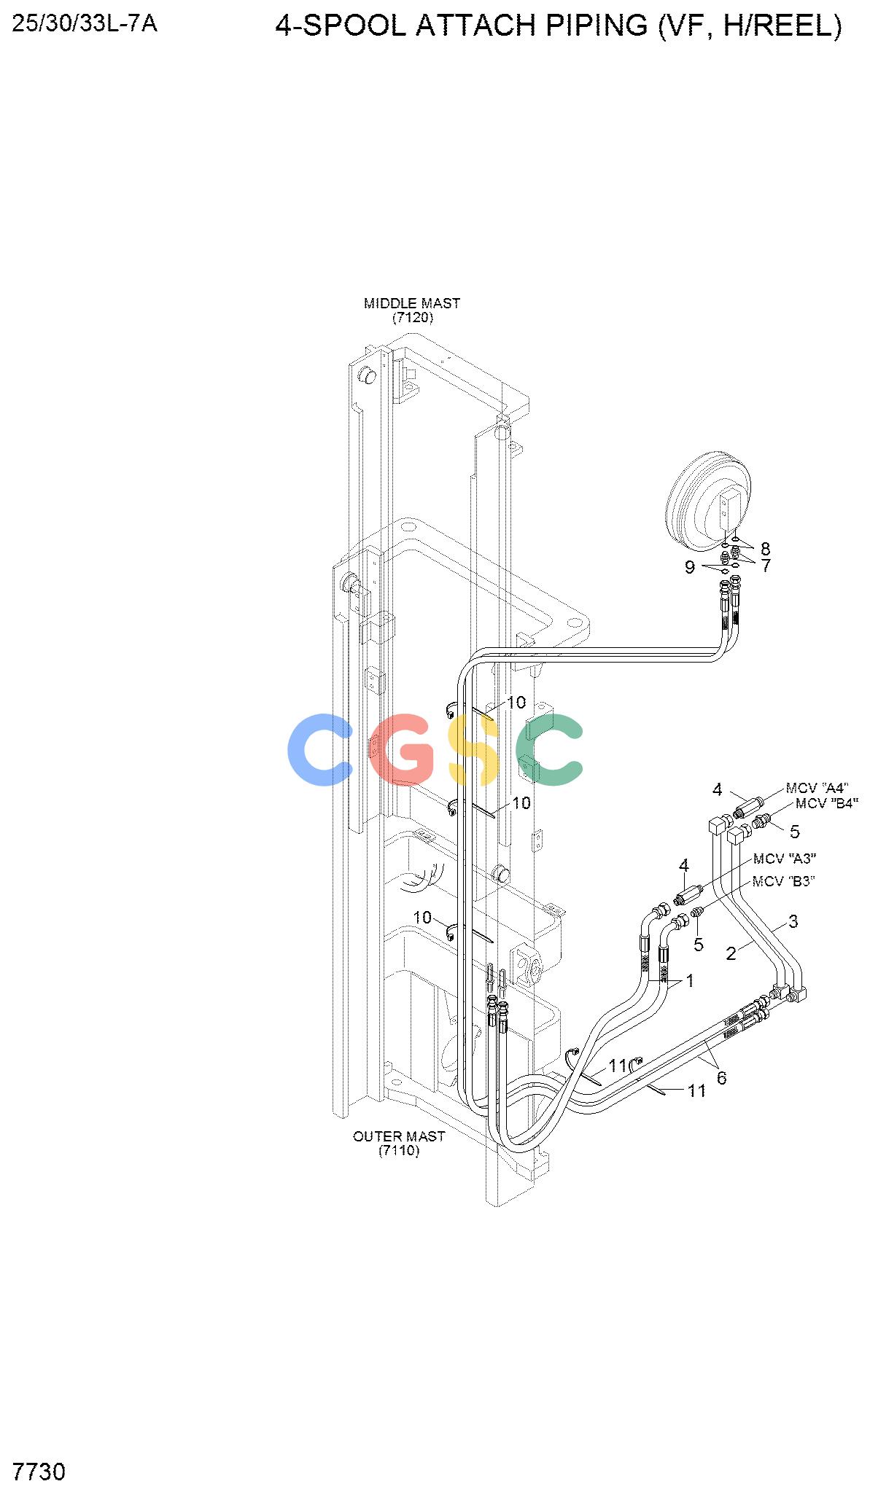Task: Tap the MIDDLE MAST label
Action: [x=412, y=303]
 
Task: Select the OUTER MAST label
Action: [x=399, y=1136]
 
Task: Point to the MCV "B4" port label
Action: [x=827, y=804]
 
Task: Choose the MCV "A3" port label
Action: [x=785, y=859]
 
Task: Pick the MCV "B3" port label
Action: [x=784, y=881]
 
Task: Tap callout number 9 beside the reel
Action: [x=690, y=567]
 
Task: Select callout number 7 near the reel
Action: [x=766, y=566]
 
